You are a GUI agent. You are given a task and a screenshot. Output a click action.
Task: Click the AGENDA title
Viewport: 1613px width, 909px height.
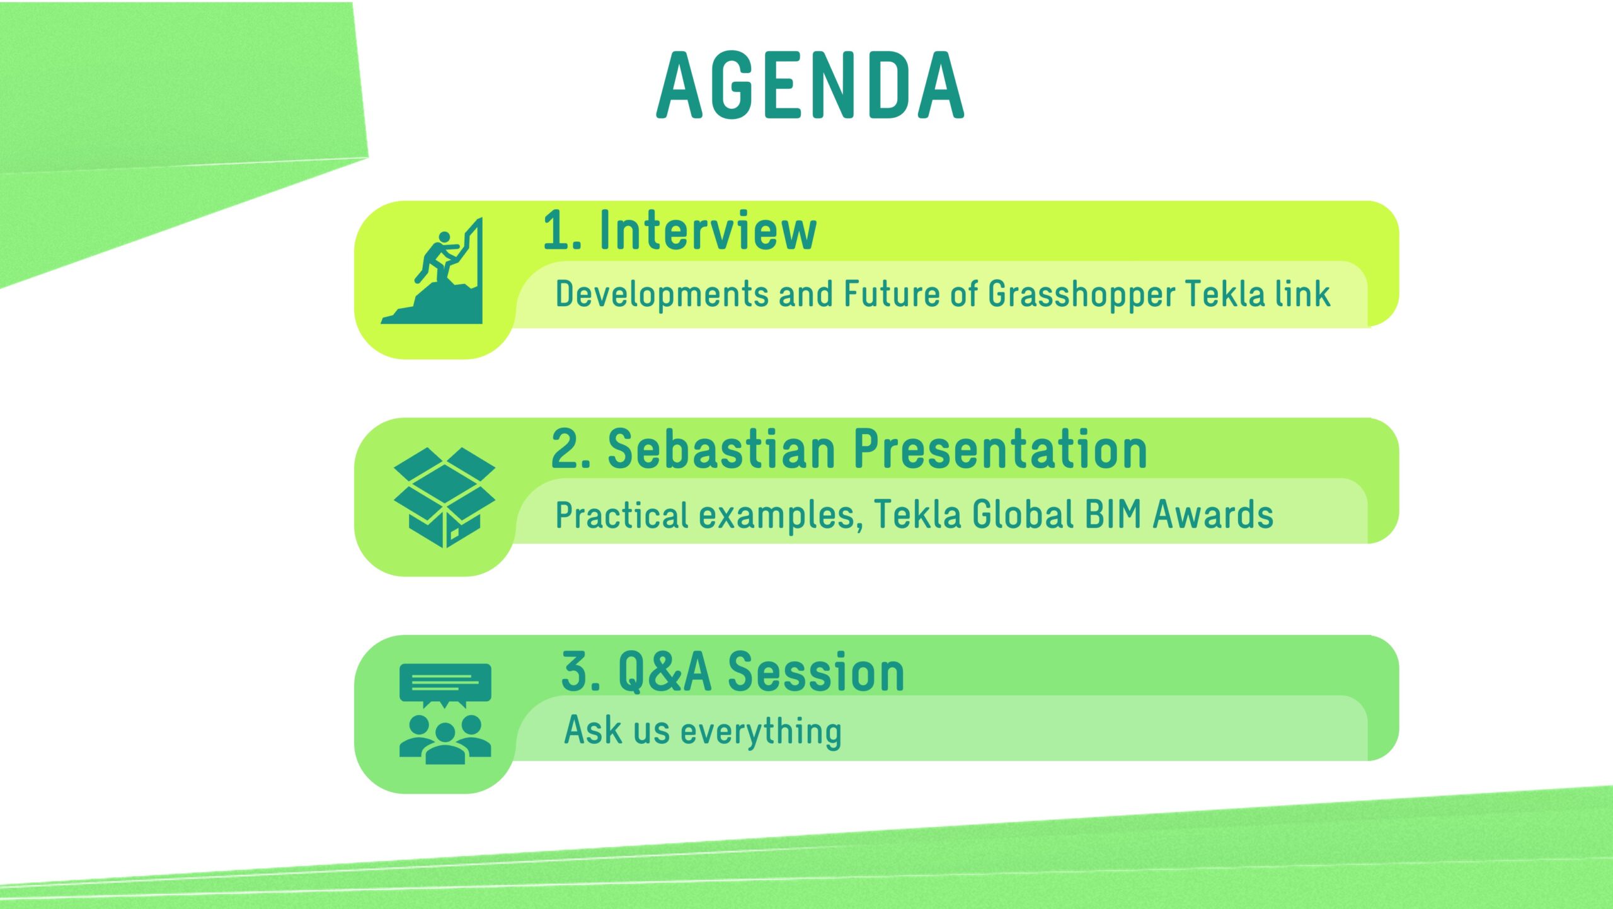pyautogui.click(x=810, y=85)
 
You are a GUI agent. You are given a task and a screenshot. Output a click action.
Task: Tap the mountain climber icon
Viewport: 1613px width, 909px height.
pyautogui.click(x=432, y=271)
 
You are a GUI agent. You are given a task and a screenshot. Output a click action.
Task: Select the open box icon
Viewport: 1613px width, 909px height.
pyautogui.click(x=444, y=497)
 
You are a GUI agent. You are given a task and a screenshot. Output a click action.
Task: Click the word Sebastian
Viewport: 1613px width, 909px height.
pyautogui.click(x=722, y=449)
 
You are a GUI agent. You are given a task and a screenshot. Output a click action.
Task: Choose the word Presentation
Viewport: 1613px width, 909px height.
pyautogui.click(x=1001, y=449)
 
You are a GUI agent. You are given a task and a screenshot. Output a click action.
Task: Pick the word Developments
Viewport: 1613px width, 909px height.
pyautogui.click(x=662, y=295)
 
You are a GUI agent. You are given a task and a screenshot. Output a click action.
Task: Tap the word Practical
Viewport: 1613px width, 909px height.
pyautogui.click(x=622, y=515)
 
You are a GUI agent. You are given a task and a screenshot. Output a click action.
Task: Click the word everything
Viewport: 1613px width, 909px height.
pyautogui.click(x=761, y=731)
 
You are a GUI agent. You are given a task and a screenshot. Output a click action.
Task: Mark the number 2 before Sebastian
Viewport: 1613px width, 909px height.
pyautogui.click(x=566, y=450)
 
